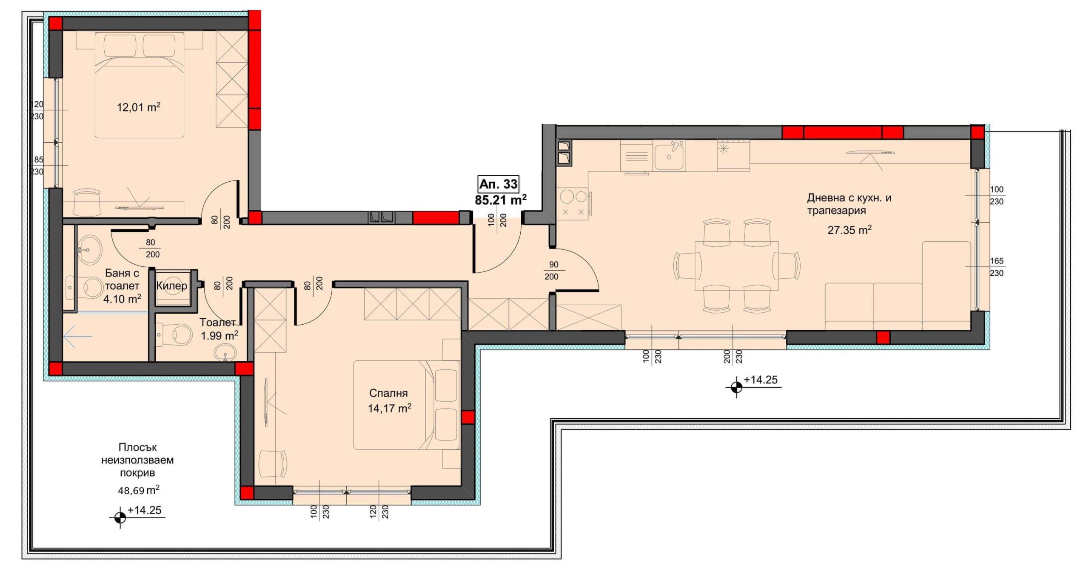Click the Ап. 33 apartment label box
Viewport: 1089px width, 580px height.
tap(499, 184)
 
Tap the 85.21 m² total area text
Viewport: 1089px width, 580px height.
tap(501, 199)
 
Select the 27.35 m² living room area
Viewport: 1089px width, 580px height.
tap(849, 230)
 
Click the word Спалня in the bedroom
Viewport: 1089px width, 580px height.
tap(388, 393)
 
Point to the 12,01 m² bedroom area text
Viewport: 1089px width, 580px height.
tap(139, 107)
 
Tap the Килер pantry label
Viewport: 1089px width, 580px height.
tap(171, 286)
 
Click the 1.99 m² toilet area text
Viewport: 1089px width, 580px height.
tap(220, 335)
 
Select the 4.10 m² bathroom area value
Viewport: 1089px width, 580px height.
tap(123, 299)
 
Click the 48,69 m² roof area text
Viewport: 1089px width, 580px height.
tap(139, 490)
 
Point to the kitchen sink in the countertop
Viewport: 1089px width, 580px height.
tap(669, 156)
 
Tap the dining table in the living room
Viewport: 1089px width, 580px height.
tap(737, 266)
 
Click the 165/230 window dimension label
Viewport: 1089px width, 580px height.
tap(997, 267)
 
